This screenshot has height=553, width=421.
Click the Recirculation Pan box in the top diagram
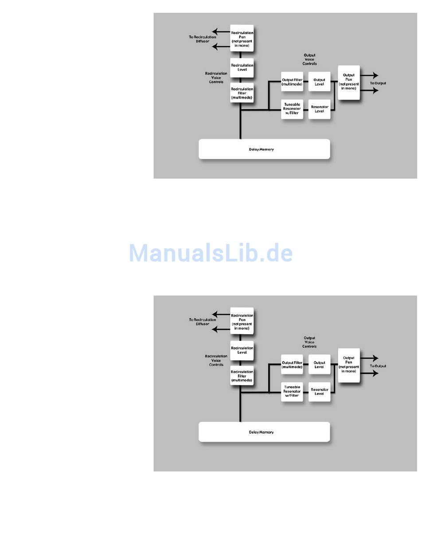242,38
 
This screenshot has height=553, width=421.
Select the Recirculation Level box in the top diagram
242,67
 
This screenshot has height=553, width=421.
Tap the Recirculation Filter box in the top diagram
242,93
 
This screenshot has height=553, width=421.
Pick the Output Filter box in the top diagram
292,82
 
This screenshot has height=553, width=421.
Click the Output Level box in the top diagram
319,82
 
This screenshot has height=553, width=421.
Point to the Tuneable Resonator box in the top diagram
292,109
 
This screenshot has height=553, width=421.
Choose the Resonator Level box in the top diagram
319,109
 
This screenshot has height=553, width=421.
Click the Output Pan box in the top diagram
349,82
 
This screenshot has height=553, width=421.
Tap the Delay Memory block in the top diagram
264,149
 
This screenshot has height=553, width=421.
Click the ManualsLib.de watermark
211,253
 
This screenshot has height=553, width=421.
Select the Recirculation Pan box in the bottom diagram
242,321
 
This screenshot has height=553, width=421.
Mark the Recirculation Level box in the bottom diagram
242,350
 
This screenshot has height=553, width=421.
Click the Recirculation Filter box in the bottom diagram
242,376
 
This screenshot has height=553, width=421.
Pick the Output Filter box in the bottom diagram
292,365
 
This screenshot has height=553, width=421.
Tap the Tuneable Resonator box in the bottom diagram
292,392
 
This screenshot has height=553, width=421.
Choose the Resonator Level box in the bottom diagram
319,392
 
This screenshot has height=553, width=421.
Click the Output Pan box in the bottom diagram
349,365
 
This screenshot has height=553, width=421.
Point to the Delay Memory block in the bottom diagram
264,432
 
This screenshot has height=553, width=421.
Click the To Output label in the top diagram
378,83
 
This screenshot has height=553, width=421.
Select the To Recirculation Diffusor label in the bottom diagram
203,322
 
